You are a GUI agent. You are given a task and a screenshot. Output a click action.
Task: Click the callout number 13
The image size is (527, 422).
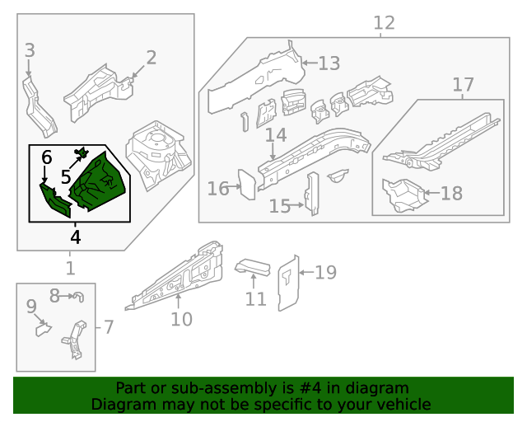pos(329,63)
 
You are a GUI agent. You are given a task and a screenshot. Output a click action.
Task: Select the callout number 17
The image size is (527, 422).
pos(463,84)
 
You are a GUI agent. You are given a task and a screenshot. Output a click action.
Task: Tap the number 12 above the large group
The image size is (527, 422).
pos(384,23)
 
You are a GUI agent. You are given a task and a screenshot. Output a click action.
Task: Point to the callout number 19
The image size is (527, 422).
pos(326,272)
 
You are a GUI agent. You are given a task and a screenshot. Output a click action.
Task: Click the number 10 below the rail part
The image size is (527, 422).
pos(181,319)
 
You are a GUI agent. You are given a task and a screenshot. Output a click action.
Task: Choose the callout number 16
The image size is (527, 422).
pos(218,189)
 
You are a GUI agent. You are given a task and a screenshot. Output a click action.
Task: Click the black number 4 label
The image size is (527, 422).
pos(76,237)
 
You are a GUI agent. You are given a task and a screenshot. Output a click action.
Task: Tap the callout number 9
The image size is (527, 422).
pos(31,307)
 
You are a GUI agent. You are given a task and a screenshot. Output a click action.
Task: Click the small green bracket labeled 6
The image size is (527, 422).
pos(56,200)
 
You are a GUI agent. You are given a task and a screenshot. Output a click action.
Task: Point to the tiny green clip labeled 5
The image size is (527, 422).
pos(82,152)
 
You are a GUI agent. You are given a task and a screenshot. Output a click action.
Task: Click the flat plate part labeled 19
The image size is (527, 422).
pos(287,284)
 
